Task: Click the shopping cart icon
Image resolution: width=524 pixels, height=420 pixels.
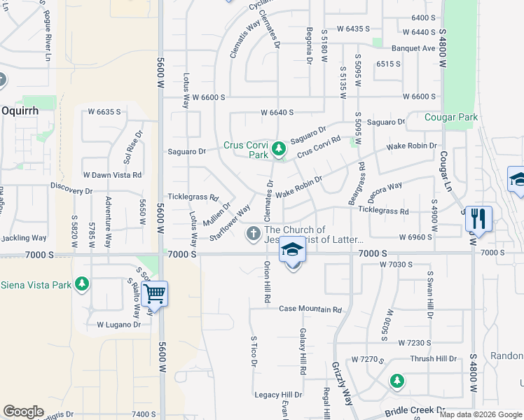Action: click(154, 293)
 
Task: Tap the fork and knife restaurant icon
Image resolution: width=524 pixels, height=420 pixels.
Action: click(478, 218)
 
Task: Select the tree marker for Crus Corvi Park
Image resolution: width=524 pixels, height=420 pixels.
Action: click(279, 148)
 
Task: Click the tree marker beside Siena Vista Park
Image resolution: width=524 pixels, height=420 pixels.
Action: click(83, 283)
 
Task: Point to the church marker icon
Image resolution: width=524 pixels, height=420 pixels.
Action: click(254, 232)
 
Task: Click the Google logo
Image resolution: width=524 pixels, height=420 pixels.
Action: click(23, 412)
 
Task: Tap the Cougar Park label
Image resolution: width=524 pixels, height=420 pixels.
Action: click(451, 117)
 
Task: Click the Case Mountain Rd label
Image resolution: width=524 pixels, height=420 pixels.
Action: click(310, 309)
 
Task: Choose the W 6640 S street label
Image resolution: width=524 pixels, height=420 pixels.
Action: click(277, 112)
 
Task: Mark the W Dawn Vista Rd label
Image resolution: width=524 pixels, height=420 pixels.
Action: click(112, 174)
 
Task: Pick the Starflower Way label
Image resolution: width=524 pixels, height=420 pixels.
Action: click(230, 222)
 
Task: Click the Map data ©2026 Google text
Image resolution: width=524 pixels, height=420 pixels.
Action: click(480, 414)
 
